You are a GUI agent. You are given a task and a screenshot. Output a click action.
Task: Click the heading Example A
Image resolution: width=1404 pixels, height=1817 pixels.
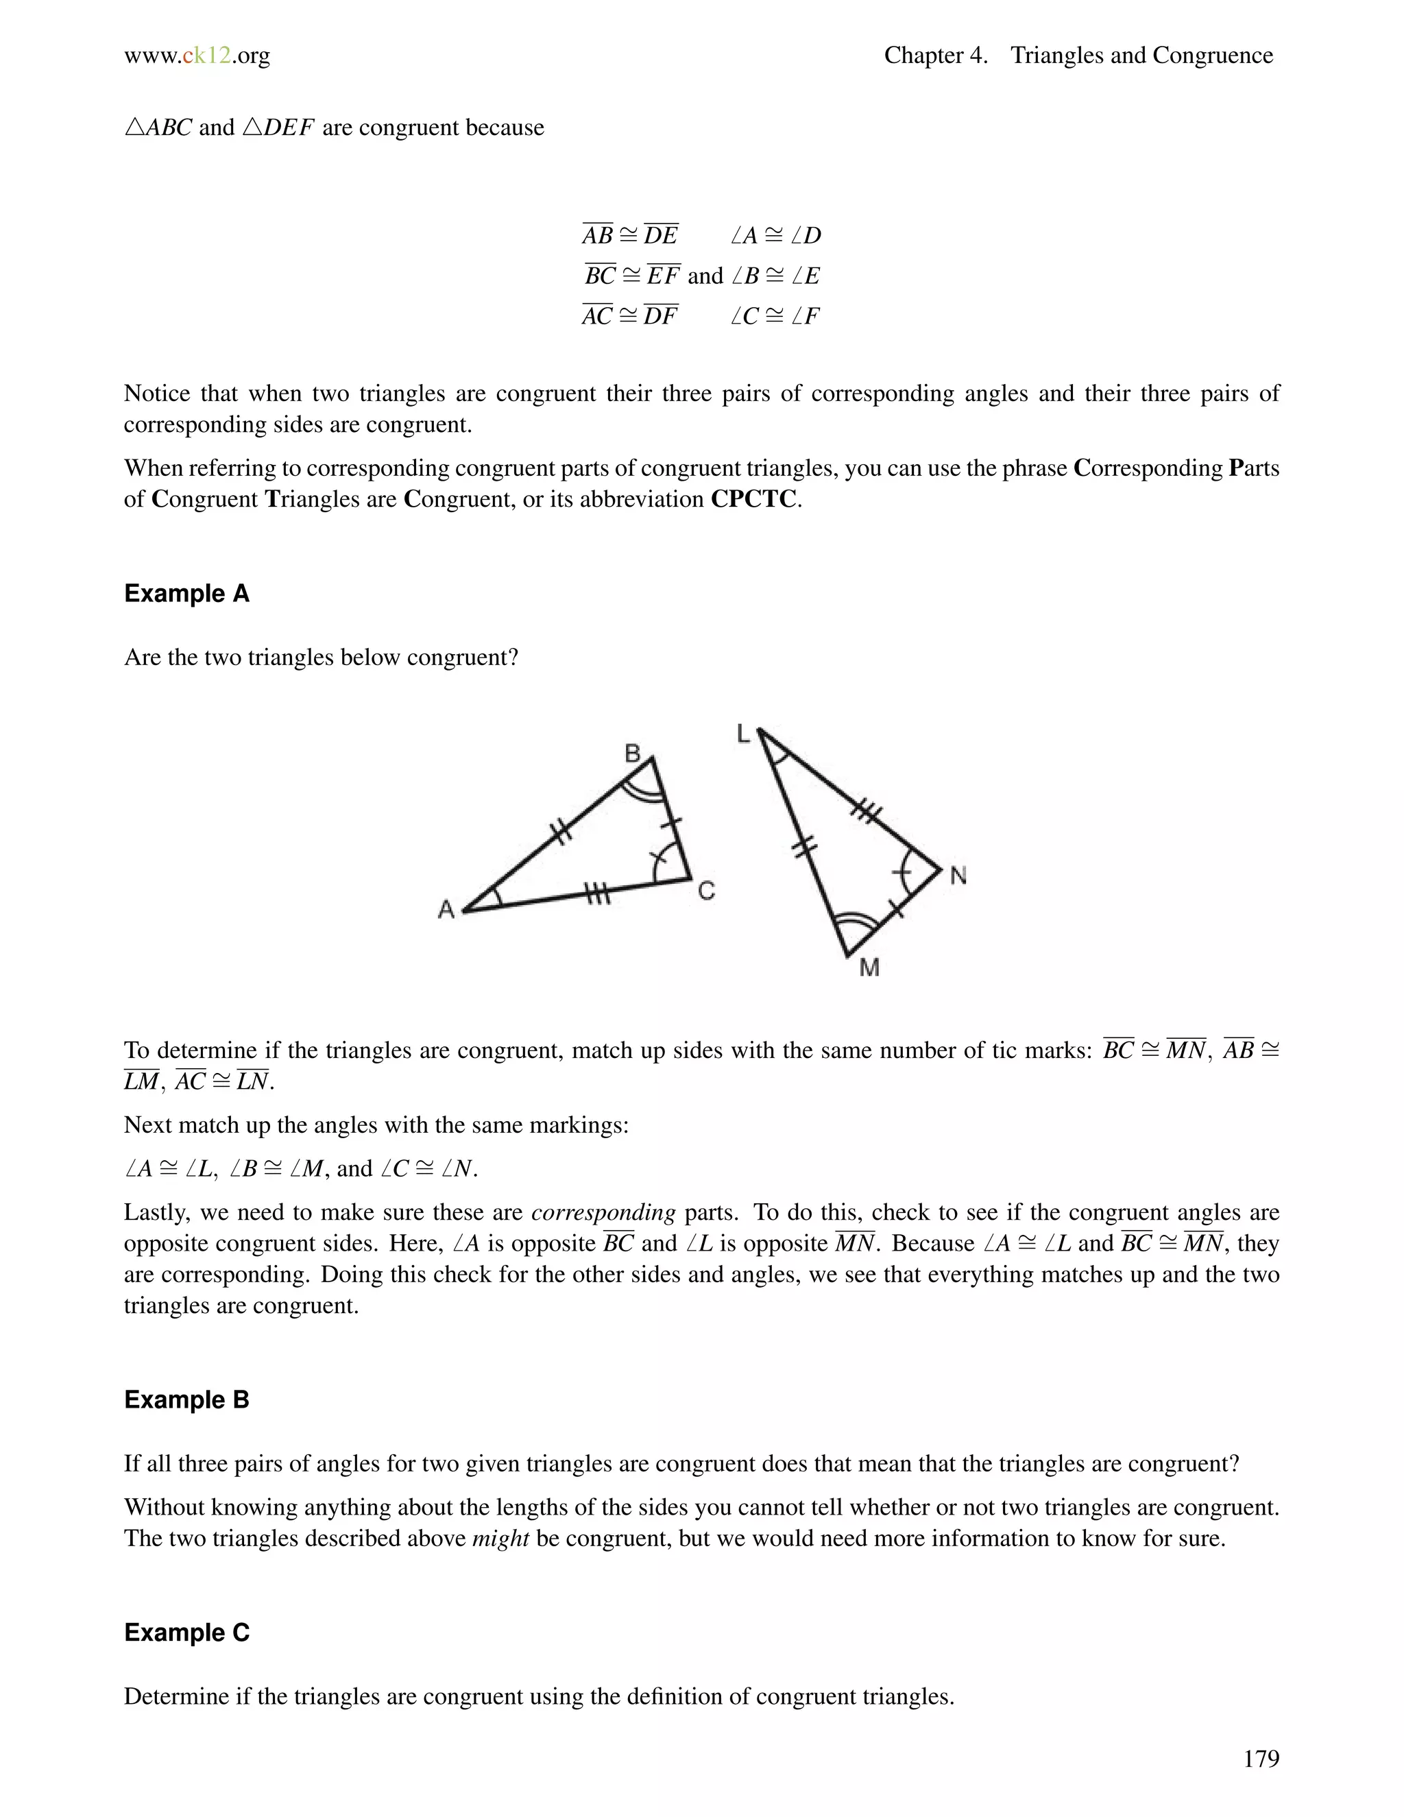coord(186,593)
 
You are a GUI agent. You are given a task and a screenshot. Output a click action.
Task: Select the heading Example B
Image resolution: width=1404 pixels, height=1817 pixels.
coord(186,1399)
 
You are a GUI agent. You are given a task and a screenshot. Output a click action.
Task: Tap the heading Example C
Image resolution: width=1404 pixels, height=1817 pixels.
coord(186,1633)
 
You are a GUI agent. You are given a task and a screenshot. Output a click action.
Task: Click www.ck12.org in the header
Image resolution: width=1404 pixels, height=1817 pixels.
coord(197,56)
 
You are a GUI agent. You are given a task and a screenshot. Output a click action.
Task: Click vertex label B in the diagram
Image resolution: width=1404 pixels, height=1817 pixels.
coord(632,754)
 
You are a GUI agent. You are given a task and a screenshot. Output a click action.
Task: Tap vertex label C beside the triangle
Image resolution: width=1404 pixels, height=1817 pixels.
coord(706,892)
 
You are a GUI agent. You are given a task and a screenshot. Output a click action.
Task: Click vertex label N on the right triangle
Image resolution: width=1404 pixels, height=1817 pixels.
coord(958,876)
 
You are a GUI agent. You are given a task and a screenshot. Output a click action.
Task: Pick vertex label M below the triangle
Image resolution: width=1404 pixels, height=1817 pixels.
coord(869,967)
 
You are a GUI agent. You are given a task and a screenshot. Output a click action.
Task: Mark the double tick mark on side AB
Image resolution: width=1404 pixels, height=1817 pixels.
coord(562,831)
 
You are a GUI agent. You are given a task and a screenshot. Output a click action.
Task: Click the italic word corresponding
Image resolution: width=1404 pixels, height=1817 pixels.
coord(603,1212)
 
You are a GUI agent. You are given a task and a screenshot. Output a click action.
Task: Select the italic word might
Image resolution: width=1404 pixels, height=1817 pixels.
coord(500,1539)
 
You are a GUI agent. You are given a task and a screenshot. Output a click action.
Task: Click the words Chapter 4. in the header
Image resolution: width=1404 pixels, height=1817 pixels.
coord(936,56)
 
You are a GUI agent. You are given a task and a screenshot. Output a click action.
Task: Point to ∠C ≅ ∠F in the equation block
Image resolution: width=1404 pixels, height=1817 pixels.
coord(775,316)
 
